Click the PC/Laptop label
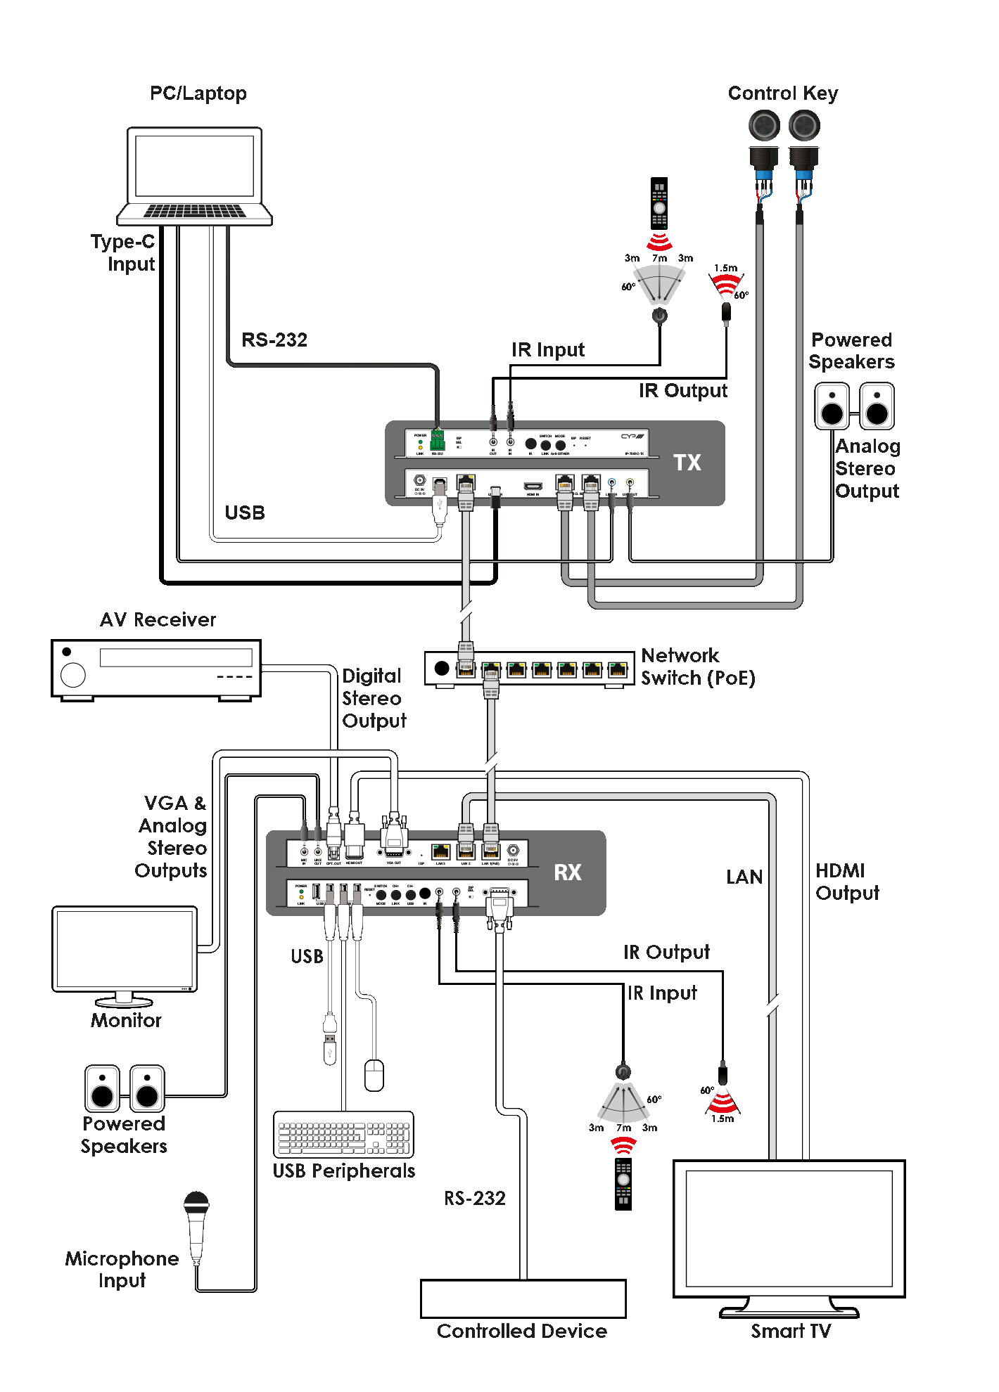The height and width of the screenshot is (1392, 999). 198,94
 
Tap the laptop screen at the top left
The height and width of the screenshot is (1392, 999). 194,166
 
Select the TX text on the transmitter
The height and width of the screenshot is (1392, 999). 687,463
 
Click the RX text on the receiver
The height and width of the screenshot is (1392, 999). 567,872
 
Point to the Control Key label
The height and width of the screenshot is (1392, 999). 782,94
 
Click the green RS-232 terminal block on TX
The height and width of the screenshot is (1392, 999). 438,441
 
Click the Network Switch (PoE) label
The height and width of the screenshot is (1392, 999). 697,666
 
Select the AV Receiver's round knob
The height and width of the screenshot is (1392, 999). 73,675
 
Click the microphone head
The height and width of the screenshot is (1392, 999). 196,1204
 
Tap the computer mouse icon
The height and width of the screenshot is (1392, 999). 374,1075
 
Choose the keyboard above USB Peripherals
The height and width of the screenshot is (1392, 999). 343,1134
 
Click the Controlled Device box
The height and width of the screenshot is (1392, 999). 523,1298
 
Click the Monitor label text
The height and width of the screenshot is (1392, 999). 126,1020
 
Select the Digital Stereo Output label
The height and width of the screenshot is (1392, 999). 374,698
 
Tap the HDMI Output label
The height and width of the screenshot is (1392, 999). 847,882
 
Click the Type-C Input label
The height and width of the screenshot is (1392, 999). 124,252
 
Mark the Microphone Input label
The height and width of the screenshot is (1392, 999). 122,1269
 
